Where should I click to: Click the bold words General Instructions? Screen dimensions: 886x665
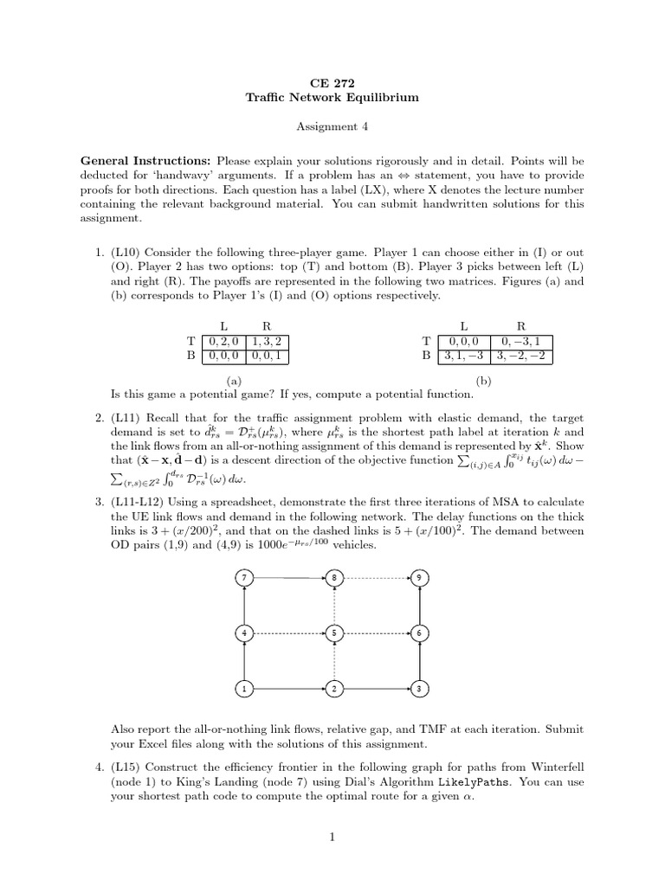point(145,161)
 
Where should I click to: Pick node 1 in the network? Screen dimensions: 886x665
point(245,689)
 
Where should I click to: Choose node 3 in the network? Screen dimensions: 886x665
point(419,689)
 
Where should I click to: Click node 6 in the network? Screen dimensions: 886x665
point(419,632)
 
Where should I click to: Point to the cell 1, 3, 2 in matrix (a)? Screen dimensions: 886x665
point(267,341)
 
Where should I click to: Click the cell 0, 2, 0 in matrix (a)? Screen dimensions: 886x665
point(223,341)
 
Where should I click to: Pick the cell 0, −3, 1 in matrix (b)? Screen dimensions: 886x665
point(521,341)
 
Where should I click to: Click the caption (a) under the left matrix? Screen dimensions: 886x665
point(233,379)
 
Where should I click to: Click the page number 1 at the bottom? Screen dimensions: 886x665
point(332,837)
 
